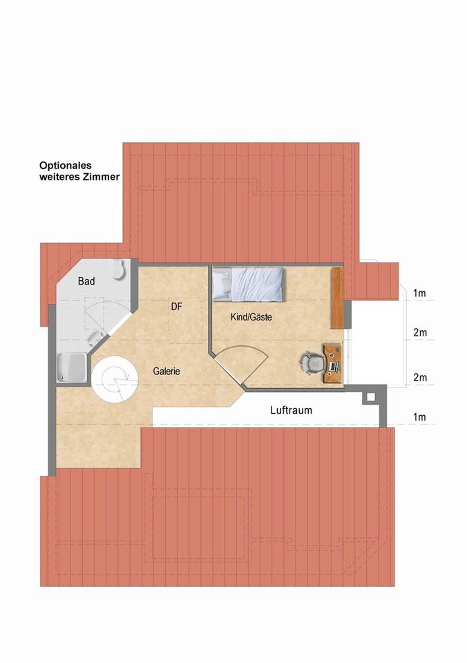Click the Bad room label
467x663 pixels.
(86, 281)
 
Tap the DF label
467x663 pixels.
(176, 307)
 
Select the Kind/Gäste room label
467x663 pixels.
(251, 318)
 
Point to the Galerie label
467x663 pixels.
(166, 371)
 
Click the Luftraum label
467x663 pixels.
(291, 410)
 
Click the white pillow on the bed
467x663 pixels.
(221, 284)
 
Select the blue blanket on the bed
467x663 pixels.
(257, 285)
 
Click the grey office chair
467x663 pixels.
(311, 361)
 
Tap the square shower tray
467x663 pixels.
(71, 367)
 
